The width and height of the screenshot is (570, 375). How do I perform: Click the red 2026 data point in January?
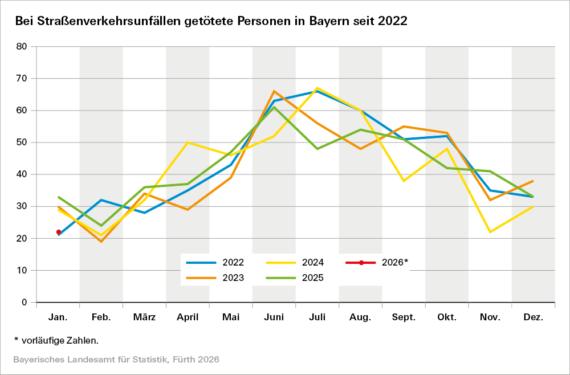click(59, 232)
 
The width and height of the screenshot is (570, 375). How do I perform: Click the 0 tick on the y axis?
click(25, 302)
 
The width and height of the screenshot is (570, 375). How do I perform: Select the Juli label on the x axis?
click(317, 317)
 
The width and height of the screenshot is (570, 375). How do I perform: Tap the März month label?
click(144, 317)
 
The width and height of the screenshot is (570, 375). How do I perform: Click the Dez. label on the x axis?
click(534, 317)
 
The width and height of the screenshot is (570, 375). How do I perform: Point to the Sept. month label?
click(404, 317)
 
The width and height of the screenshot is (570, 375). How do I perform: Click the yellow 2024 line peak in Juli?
click(317, 88)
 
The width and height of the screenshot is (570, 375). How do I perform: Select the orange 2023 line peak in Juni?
click(274, 91)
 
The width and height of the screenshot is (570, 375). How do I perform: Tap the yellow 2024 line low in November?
click(490, 232)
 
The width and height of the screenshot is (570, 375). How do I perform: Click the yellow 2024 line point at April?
click(188, 142)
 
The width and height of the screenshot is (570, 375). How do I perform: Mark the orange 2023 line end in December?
click(533, 181)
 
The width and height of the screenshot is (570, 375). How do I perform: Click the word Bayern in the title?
click(331, 21)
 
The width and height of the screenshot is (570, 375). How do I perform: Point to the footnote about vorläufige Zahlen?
click(56, 340)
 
